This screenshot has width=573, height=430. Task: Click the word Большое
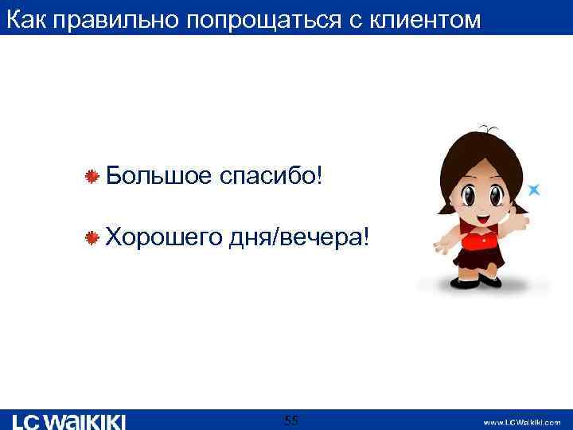(x=157, y=174)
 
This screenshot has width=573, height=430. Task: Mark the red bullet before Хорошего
(x=93, y=237)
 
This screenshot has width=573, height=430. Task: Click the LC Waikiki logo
(x=69, y=420)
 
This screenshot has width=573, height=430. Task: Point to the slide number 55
(x=291, y=420)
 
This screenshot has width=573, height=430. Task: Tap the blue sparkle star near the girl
(x=535, y=190)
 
